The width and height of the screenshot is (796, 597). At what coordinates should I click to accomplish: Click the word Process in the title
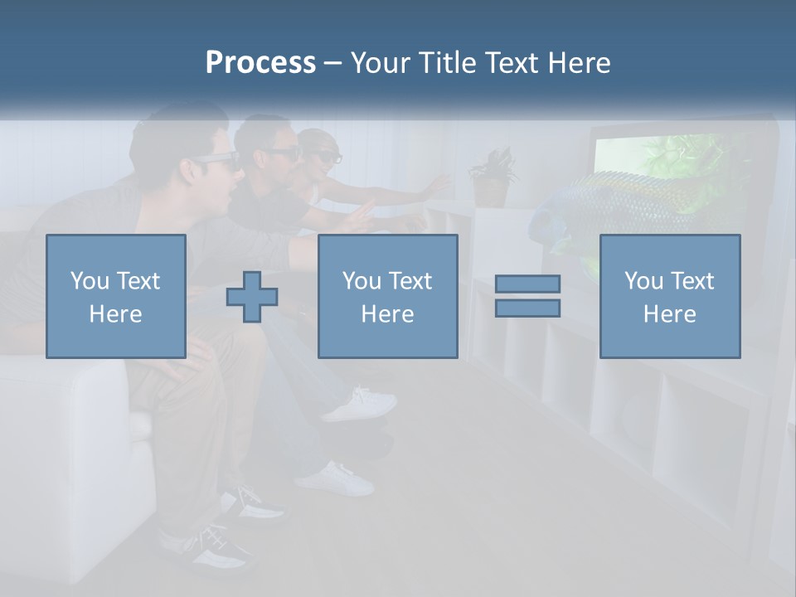pos(260,63)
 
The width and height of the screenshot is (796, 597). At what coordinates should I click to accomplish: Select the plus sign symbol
pos(252,297)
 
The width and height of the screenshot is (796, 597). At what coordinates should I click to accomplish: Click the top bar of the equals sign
pos(527,284)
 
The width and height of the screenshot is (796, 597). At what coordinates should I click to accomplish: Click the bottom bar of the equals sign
pos(527,308)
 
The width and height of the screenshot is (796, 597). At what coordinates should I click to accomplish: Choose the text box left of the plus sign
pos(115,297)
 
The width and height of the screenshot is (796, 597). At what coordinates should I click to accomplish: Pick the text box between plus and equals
pos(387,297)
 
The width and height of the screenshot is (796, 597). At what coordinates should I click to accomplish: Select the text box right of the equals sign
pos(669,297)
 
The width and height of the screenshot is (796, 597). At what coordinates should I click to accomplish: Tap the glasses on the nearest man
pos(217,161)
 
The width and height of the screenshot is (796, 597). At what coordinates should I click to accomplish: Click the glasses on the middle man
pos(282,153)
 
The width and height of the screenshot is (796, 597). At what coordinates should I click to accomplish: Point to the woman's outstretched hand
pos(434,186)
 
